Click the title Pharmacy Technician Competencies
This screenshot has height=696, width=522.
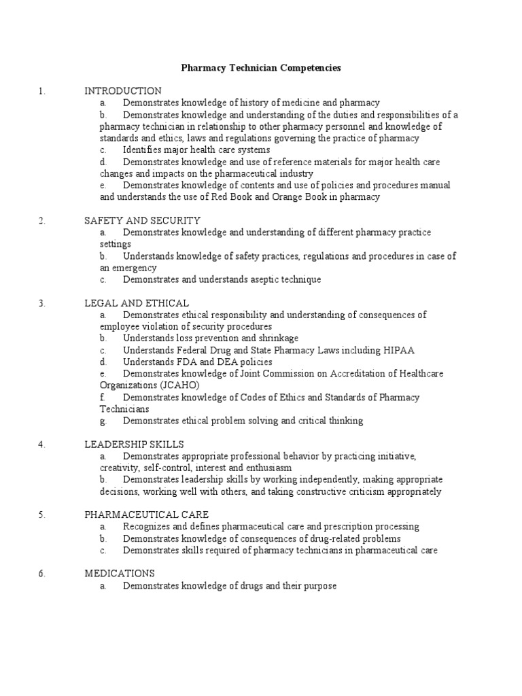(x=260, y=68)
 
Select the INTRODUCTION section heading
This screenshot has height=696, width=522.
(x=122, y=90)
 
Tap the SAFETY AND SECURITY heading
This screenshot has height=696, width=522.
(x=142, y=220)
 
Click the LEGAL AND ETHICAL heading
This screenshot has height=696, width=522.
(x=137, y=302)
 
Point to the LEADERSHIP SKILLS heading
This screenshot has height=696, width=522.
(x=134, y=445)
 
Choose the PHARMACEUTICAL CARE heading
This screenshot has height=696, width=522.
(x=146, y=515)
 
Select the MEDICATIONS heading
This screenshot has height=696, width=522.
(x=120, y=574)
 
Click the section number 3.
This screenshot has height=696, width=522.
(x=41, y=303)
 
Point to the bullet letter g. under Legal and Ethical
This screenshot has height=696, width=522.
(x=103, y=421)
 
